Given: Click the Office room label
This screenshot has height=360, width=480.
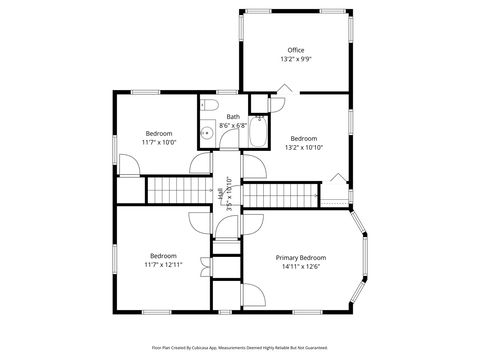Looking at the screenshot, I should (295, 50).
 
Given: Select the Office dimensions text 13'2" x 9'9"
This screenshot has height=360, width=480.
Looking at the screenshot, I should (295, 59).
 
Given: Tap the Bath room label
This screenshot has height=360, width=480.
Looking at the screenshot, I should (233, 117).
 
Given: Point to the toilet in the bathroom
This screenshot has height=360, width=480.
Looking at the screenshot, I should (207, 106).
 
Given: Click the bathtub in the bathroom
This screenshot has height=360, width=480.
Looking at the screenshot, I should (257, 134).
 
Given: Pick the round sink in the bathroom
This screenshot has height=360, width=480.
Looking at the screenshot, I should (205, 130).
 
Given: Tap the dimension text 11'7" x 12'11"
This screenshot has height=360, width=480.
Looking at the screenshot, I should (164, 265).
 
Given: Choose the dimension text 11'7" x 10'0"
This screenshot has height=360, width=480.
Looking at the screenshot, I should (159, 142).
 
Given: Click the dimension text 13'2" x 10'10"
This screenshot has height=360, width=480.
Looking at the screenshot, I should (303, 147).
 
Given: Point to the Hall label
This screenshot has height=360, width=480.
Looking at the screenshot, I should (221, 195).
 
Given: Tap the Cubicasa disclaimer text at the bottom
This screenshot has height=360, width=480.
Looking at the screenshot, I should (240, 349).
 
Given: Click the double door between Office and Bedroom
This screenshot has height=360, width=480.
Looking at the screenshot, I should (283, 90).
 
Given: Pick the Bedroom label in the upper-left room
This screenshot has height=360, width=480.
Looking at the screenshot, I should (159, 133).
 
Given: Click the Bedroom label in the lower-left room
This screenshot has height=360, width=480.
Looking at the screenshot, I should (164, 256).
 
